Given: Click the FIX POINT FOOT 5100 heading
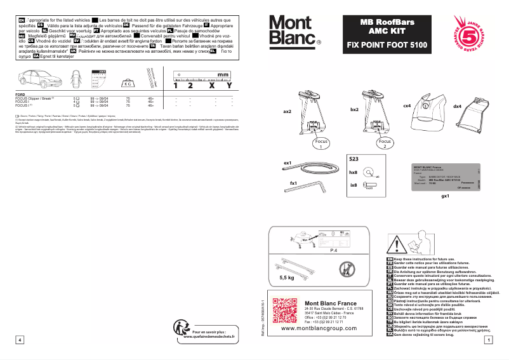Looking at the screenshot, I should [387, 46].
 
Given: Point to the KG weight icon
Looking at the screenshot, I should [128, 83].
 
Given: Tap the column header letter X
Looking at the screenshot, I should [211, 85].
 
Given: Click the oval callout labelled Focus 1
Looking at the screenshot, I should [321, 143].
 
